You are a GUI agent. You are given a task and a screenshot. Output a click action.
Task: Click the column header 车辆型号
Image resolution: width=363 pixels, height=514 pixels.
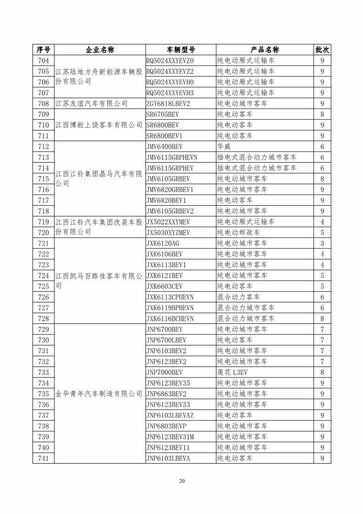tap(180, 50)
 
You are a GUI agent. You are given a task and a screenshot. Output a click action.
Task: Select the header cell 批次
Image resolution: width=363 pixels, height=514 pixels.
tap(322, 50)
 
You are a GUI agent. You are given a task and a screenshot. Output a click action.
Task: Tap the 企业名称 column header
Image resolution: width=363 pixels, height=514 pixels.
tap(99, 50)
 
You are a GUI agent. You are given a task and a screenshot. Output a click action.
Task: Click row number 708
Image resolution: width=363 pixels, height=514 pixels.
tap(43, 104)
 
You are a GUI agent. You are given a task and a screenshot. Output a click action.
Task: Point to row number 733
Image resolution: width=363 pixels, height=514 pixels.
tap(43, 372)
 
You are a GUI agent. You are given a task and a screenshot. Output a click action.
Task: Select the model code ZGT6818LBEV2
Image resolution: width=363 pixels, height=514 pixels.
tap(168, 104)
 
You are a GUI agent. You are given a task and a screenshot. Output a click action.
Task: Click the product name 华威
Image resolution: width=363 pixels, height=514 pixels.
tap(224, 147)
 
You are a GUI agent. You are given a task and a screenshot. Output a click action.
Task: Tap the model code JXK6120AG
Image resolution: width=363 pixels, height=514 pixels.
tap(163, 243)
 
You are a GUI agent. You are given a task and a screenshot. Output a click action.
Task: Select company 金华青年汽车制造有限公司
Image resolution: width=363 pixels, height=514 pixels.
tap(99, 394)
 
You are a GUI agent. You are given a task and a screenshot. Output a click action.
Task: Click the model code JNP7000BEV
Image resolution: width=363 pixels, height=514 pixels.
tap(164, 372)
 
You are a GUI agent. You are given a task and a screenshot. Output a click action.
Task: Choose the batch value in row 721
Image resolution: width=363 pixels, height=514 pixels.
tap(322, 243)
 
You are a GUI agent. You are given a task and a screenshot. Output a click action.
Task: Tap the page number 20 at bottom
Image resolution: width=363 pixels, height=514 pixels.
tap(182, 481)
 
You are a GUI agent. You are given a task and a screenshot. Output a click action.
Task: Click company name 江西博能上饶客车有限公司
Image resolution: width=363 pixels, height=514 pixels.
tap(99, 125)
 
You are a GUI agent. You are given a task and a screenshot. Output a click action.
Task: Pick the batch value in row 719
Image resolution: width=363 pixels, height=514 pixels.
tap(322, 222)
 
